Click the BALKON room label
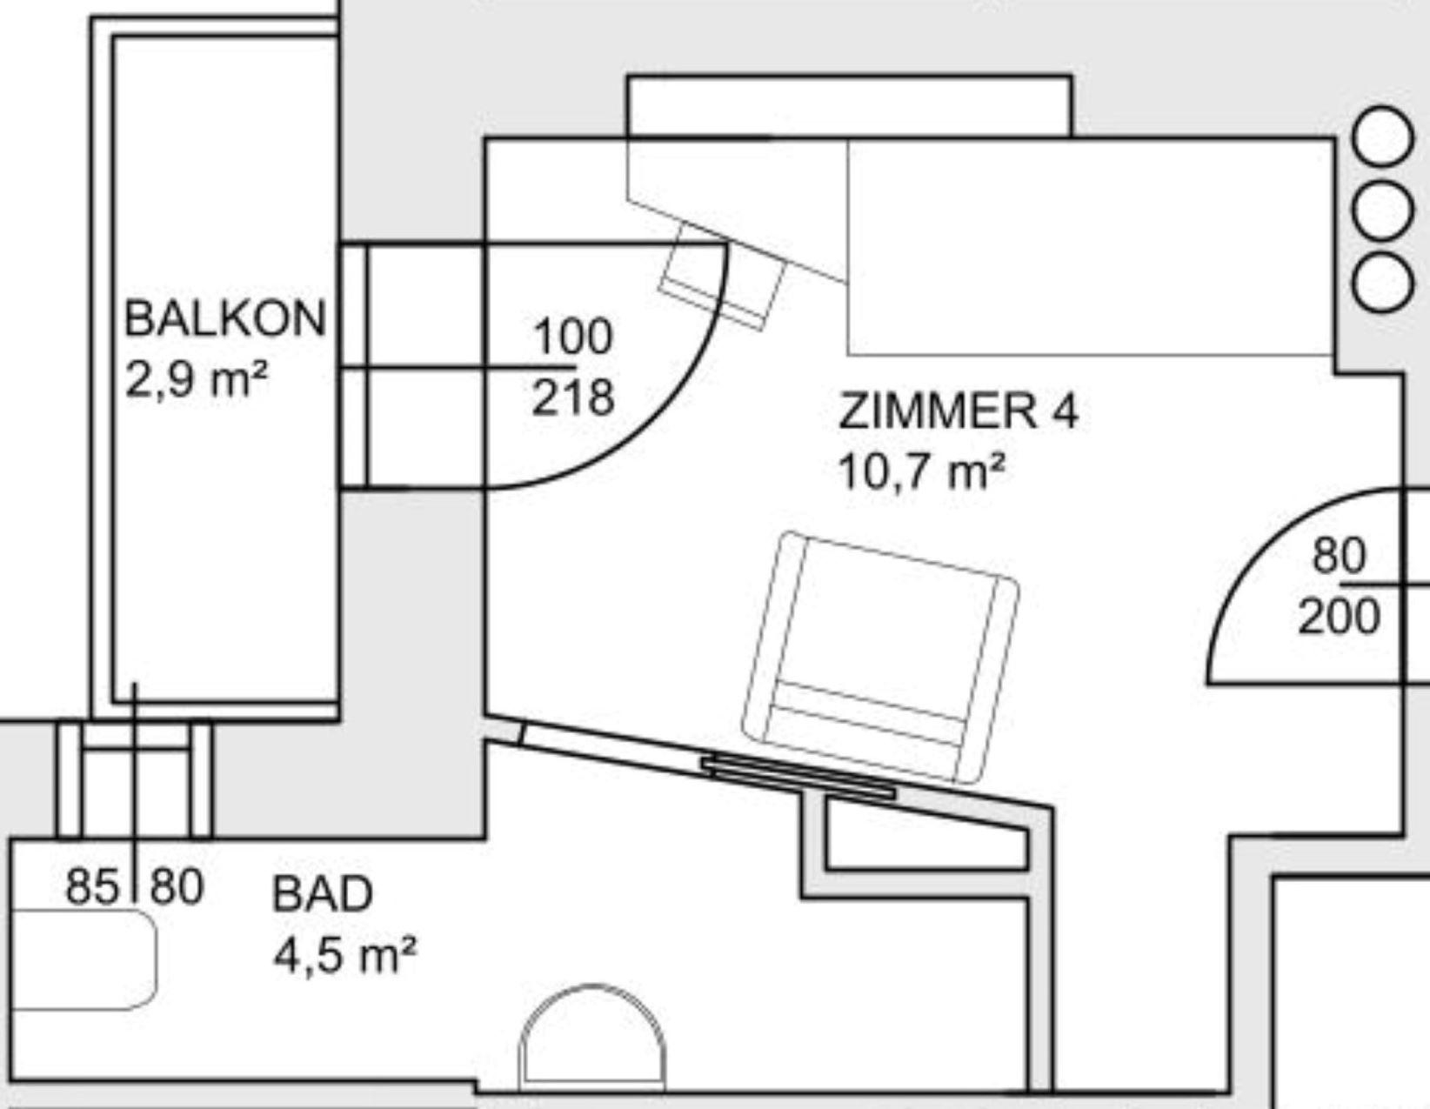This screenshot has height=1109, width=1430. [225, 318]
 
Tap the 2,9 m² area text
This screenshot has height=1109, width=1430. [197, 379]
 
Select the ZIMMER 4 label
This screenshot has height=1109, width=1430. [959, 411]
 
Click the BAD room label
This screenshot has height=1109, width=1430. [323, 894]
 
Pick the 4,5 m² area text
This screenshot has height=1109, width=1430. [344, 954]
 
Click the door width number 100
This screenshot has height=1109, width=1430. [572, 336]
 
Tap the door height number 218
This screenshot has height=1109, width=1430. [572, 398]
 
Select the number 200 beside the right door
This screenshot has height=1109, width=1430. [1340, 617]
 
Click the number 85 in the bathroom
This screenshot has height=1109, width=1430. [93, 886]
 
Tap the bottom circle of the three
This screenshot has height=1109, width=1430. [1383, 284]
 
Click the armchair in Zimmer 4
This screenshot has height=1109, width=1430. [880, 657]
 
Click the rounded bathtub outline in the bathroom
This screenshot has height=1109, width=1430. [84, 959]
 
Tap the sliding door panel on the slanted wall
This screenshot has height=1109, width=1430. [799, 777]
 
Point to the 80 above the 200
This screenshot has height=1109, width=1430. [1340, 556]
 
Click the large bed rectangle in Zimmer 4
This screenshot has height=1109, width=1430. [1091, 247]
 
